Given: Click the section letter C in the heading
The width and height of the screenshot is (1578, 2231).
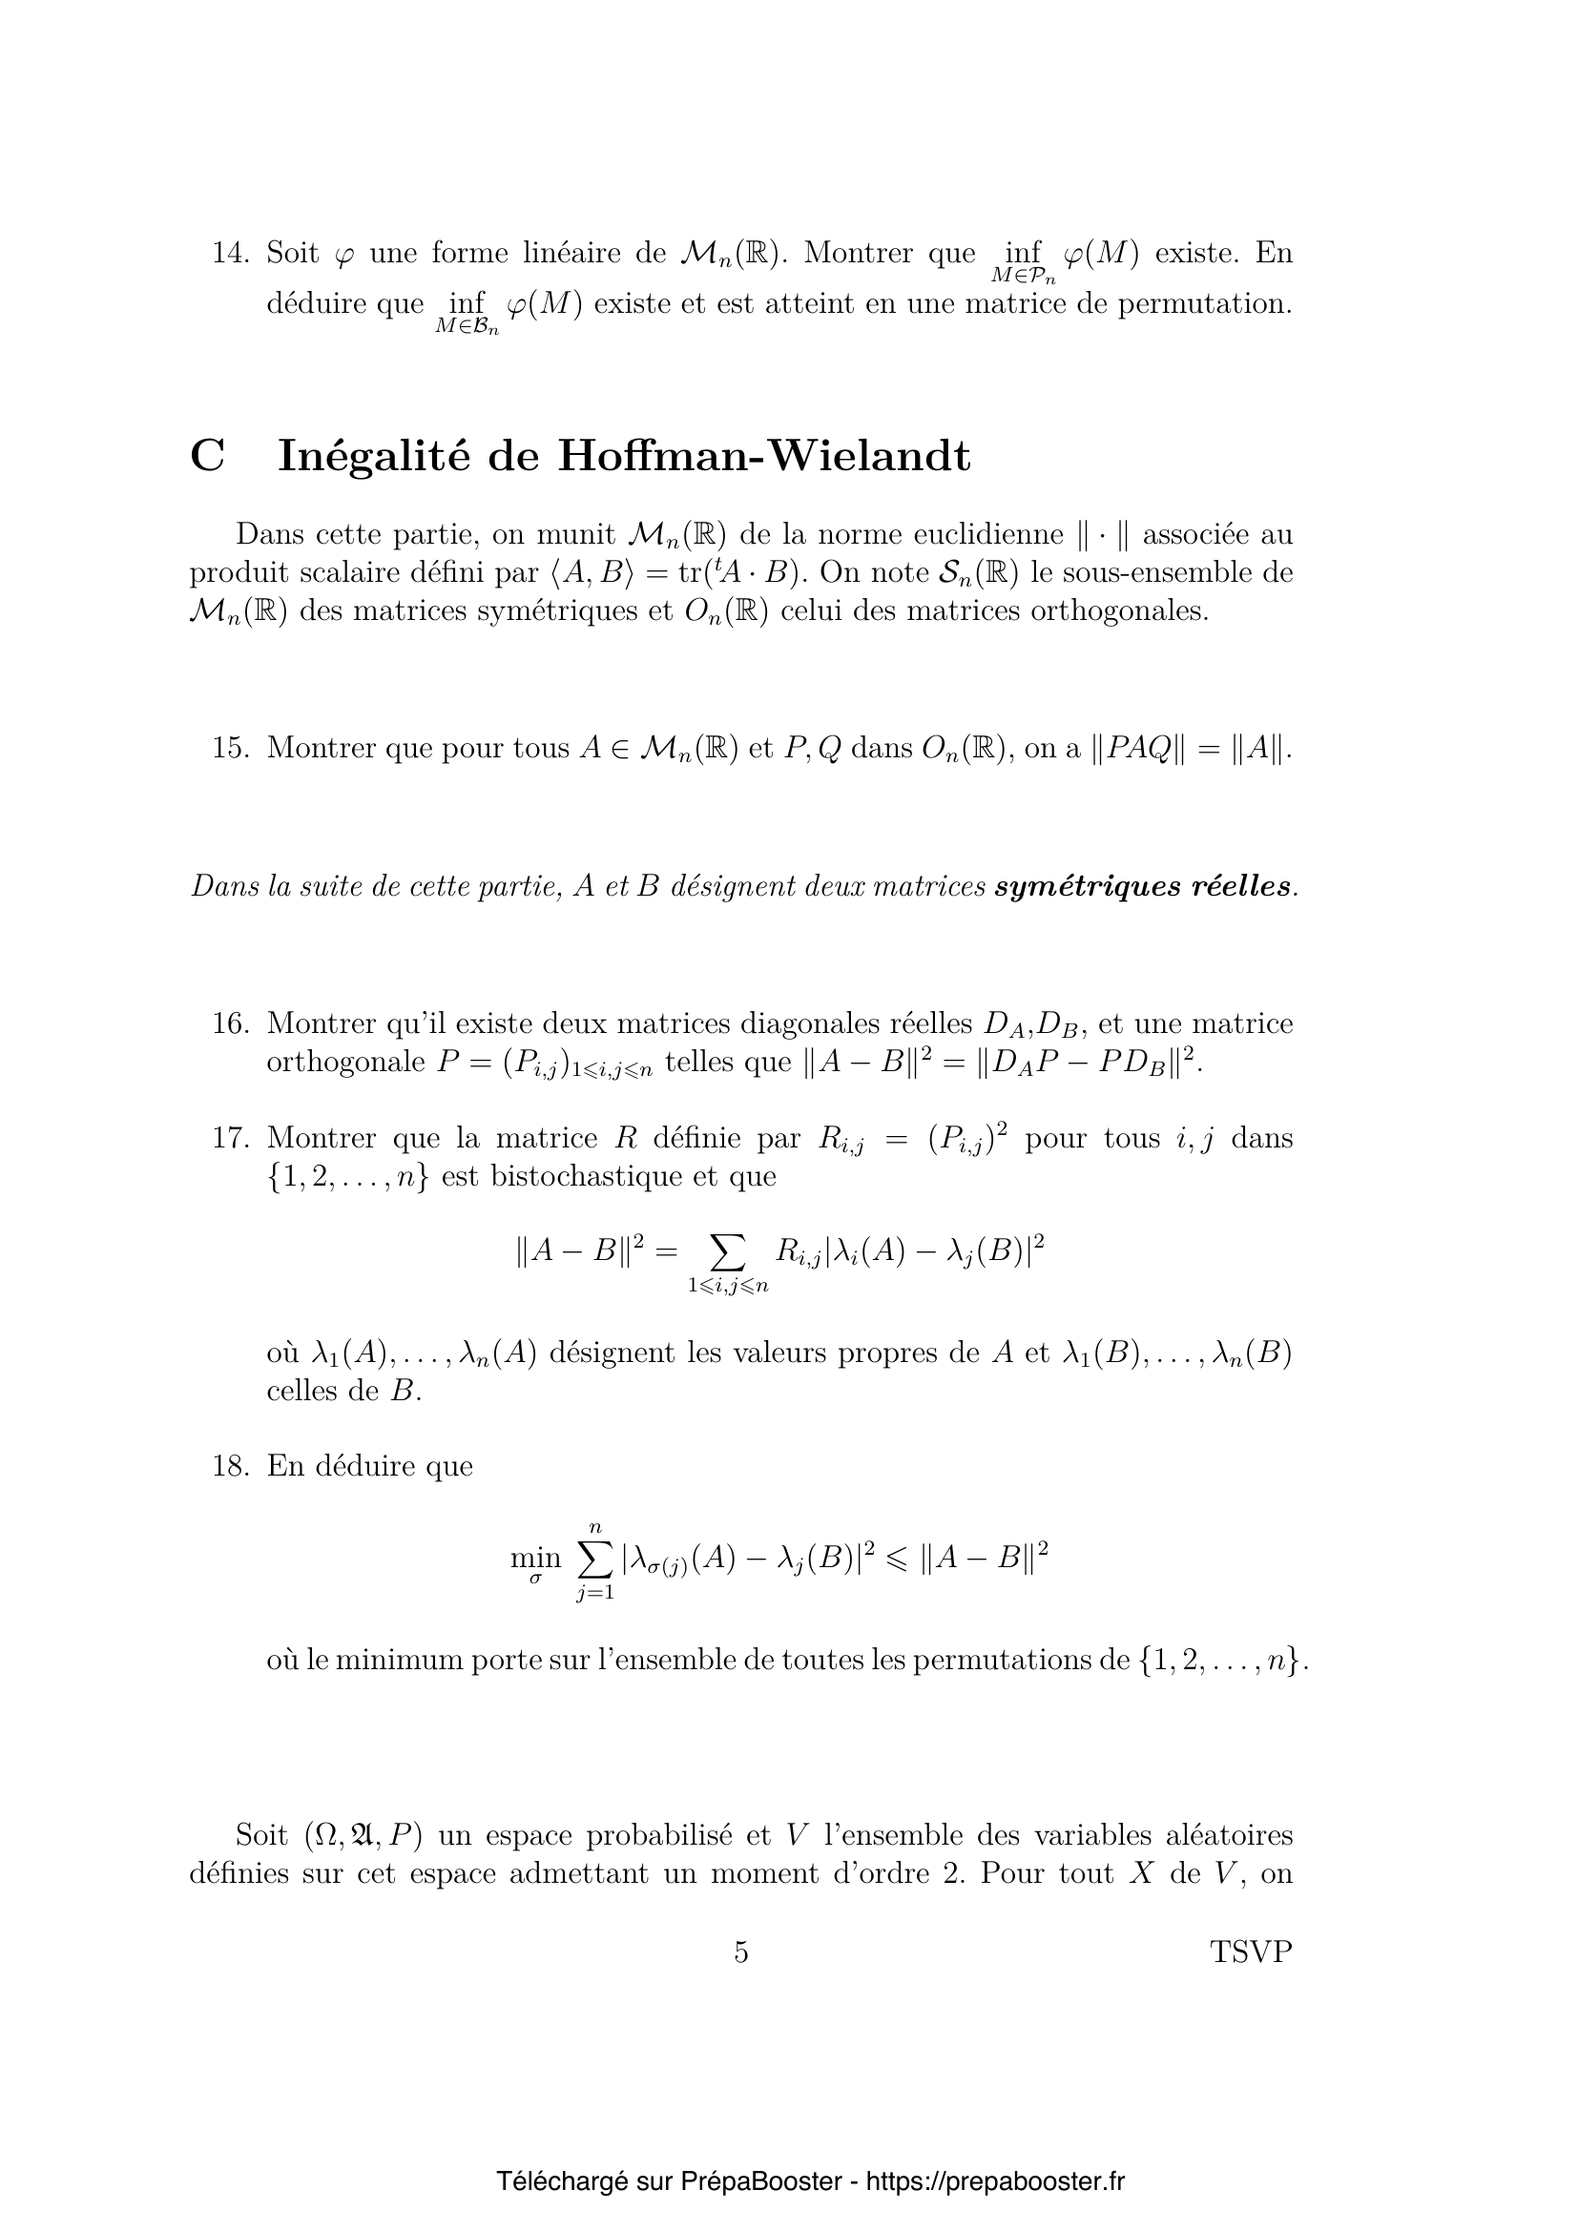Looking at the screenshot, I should coord(207,456).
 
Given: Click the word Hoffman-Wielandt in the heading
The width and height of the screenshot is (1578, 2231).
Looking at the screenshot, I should coord(764,456).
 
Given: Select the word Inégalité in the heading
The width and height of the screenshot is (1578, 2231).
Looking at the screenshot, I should coord(374,456).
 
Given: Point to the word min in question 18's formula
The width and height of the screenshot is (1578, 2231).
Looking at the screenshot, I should coord(535,1558).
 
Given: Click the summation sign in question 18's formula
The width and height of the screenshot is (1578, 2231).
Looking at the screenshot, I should coord(593,1559).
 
